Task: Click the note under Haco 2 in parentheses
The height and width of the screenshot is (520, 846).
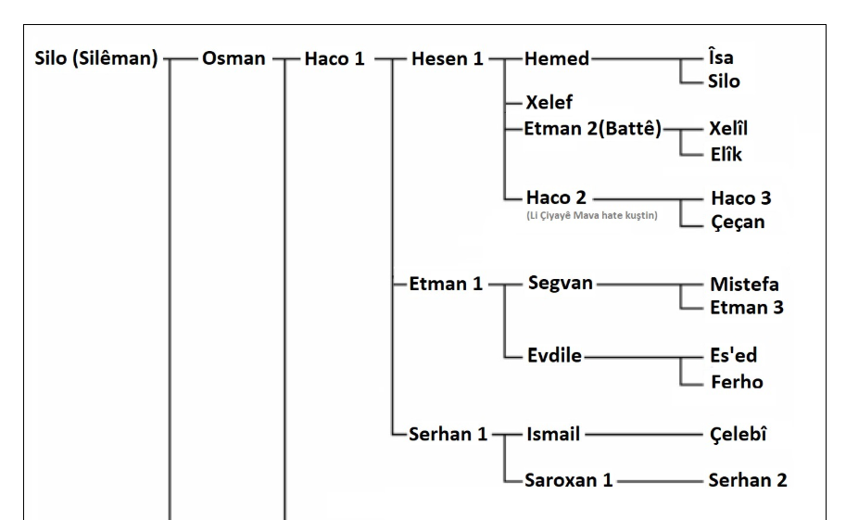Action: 591,217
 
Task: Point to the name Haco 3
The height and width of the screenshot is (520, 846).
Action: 740,198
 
